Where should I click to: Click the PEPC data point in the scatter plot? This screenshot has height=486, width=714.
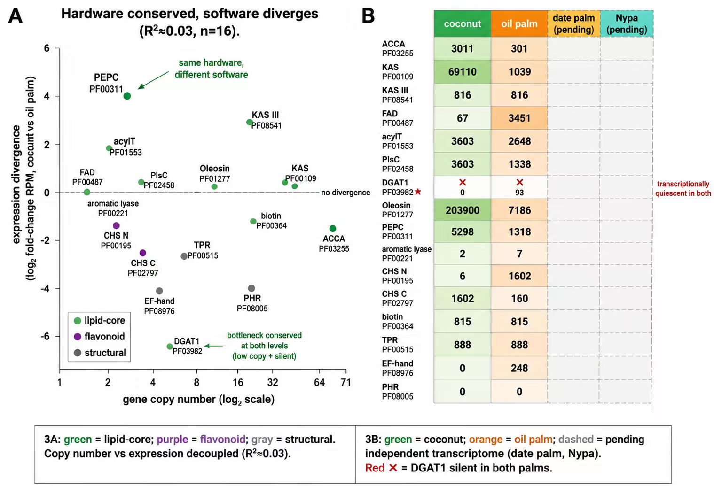click(x=127, y=96)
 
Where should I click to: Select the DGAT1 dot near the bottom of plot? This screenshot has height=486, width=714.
click(x=170, y=347)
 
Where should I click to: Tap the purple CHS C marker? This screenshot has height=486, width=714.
click(x=143, y=253)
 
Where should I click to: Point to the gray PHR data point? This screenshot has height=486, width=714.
click(x=251, y=288)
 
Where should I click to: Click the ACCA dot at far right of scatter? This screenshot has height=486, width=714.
click(x=332, y=228)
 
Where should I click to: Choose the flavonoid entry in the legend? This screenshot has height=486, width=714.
click(x=99, y=336)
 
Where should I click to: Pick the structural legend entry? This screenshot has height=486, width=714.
click(x=100, y=353)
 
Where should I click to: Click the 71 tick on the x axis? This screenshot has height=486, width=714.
click(x=346, y=382)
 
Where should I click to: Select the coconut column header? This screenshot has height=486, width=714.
click(x=462, y=23)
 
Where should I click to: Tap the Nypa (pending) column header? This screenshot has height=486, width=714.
click(x=627, y=23)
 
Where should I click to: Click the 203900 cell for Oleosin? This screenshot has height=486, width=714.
click(x=462, y=210)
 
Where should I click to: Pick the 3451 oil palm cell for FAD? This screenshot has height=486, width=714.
click(x=519, y=118)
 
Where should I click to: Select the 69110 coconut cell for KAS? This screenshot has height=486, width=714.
click(x=462, y=72)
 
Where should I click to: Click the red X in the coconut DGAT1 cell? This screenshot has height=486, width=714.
click(x=462, y=182)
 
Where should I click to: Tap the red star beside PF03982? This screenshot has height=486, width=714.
click(x=418, y=192)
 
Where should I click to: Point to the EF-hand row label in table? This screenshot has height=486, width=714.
click(x=398, y=368)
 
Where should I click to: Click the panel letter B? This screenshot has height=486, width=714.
click(x=368, y=16)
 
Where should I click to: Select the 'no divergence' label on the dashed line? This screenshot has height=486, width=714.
click(x=345, y=193)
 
